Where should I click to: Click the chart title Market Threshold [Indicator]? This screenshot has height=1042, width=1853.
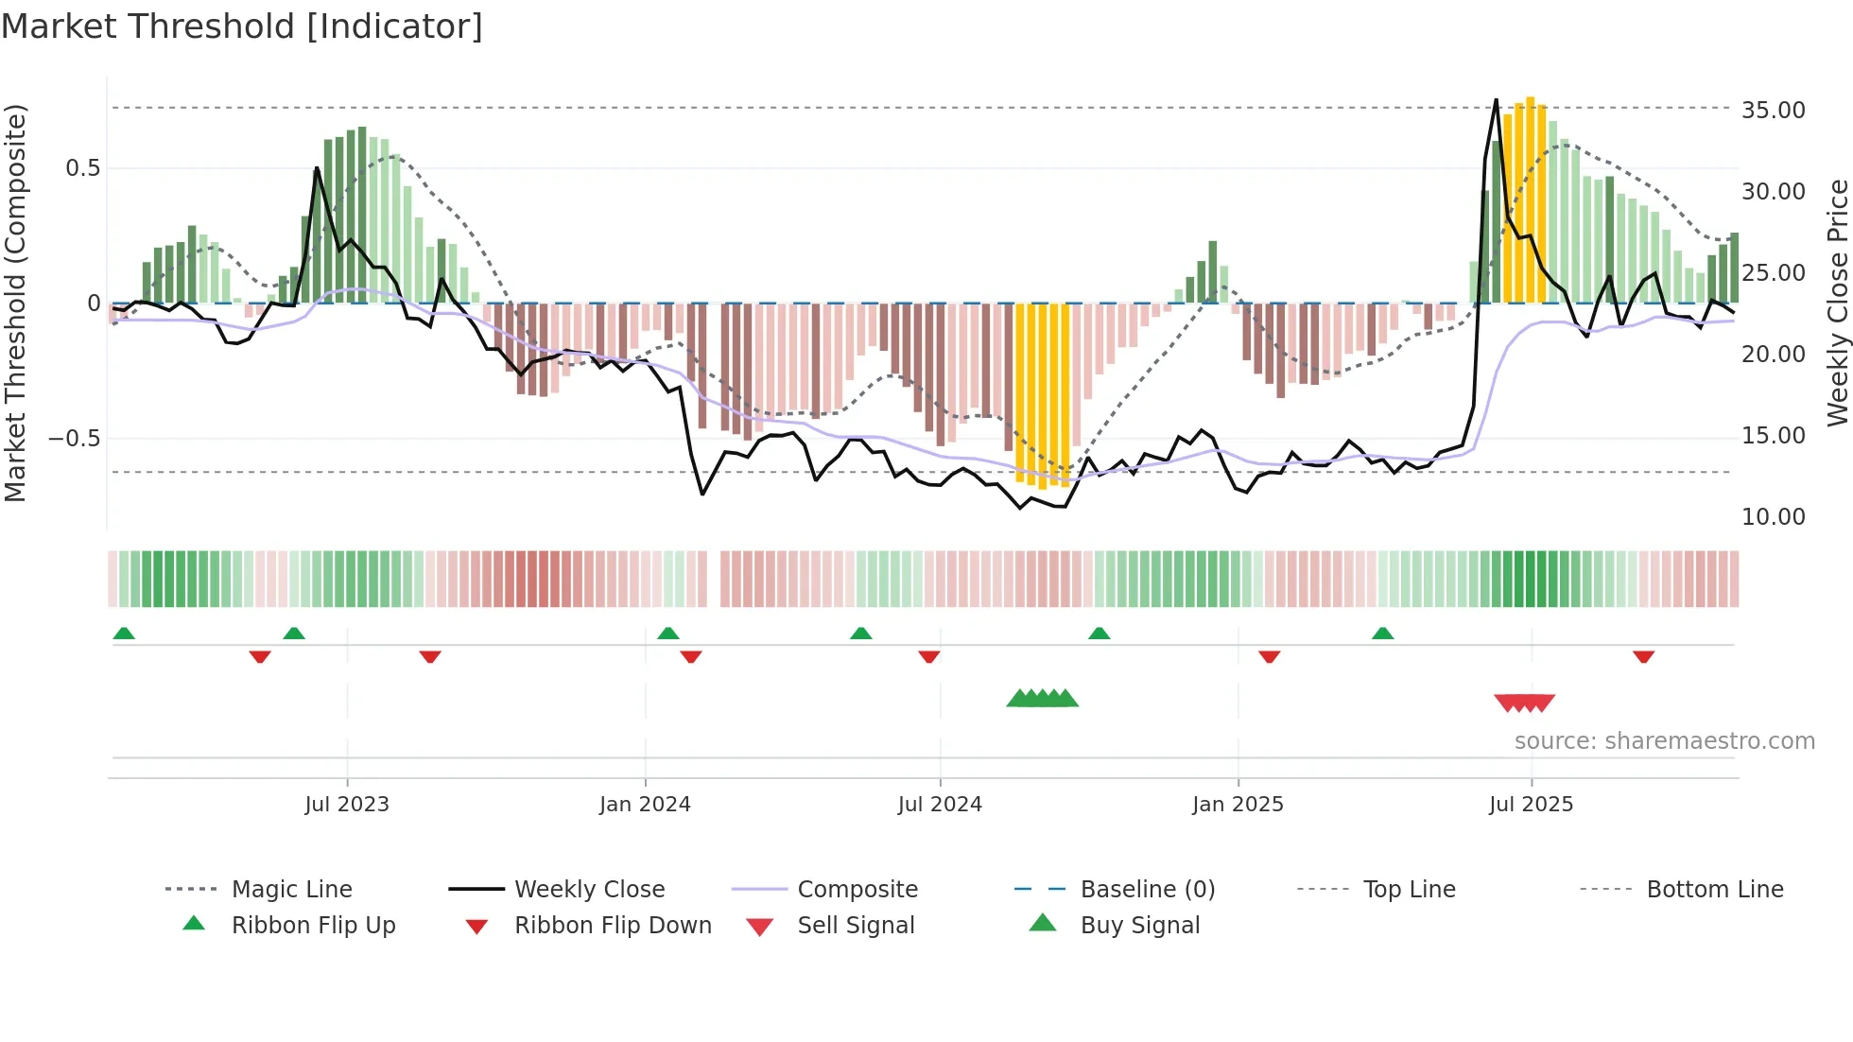[242, 26]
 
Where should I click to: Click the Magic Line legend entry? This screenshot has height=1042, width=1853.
[291, 890]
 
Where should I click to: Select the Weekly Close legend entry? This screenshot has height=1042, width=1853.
[589, 890]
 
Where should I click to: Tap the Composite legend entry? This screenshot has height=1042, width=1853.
[857, 890]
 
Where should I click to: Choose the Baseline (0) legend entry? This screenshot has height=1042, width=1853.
[1147, 890]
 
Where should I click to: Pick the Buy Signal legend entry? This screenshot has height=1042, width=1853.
[1139, 926]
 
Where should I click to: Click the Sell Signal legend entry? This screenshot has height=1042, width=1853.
[856, 926]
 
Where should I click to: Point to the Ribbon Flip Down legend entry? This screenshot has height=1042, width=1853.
[612, 926]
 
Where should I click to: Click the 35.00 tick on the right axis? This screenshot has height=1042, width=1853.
[1773, 111]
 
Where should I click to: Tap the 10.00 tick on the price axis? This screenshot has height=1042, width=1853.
[1773, 517]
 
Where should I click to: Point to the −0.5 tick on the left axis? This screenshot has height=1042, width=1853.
[74, 439]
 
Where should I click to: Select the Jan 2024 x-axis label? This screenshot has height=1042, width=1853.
[645, 805]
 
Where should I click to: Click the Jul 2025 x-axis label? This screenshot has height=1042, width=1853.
[1531, 805]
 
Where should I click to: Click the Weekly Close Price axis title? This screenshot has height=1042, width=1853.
[1837, 303]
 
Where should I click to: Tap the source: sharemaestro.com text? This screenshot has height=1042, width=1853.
[1664, 741]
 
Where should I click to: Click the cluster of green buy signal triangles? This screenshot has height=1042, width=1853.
[1042, 699]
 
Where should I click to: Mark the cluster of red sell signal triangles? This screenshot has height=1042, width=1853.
[1524, 703]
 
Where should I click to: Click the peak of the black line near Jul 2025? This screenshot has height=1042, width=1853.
[1496, 99]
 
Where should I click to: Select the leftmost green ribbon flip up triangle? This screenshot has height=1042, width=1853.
[124, 634]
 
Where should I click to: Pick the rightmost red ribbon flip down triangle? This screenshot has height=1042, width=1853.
[1643, 656]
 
